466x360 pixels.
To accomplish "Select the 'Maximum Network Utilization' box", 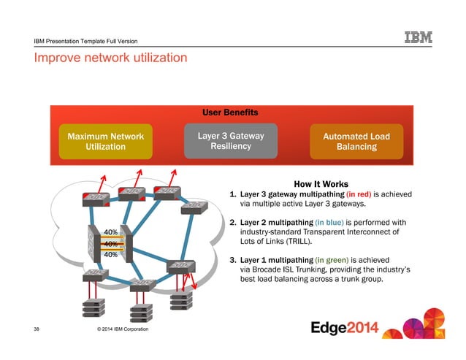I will [105, 141].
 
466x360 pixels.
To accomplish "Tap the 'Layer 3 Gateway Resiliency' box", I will [231, 140].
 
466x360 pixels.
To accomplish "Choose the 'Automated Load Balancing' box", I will [356, 141].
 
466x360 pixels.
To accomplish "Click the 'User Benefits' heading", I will [230, 112].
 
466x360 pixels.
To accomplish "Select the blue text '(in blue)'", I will [337, 222].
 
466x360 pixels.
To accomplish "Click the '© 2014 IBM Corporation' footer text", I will [118, 330].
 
